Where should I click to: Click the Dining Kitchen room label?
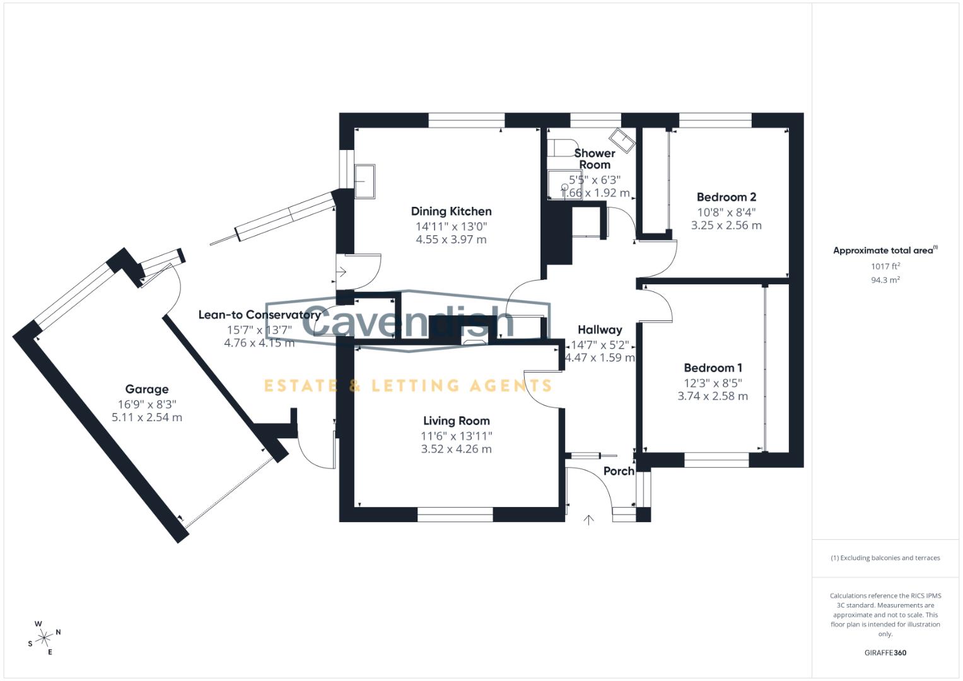tap(451, 211)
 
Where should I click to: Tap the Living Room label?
tap(456, 421)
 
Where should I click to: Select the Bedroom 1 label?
tap(713, 368)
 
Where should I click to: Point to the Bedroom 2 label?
tap(726, 197)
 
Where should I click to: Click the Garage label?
tap(146, 390)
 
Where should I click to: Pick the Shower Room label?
tap(594, 159)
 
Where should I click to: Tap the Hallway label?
tap(600, 330)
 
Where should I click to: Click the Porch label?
tap(618, 471)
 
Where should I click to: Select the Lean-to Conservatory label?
tap(259, 315)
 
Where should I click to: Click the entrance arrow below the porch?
tap(589, 520)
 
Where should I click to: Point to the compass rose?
tap(44, 638)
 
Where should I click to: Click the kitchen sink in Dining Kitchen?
tap(365, 181)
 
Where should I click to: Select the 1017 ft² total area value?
tap(885, 266)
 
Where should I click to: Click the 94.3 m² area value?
tap(885, 280)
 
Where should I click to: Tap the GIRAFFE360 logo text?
tap(885, 653)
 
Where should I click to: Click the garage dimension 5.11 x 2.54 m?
tap(146, 417)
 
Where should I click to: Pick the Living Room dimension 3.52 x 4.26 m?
tap(456, 449)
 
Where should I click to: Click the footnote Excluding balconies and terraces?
tap(885, 558)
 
